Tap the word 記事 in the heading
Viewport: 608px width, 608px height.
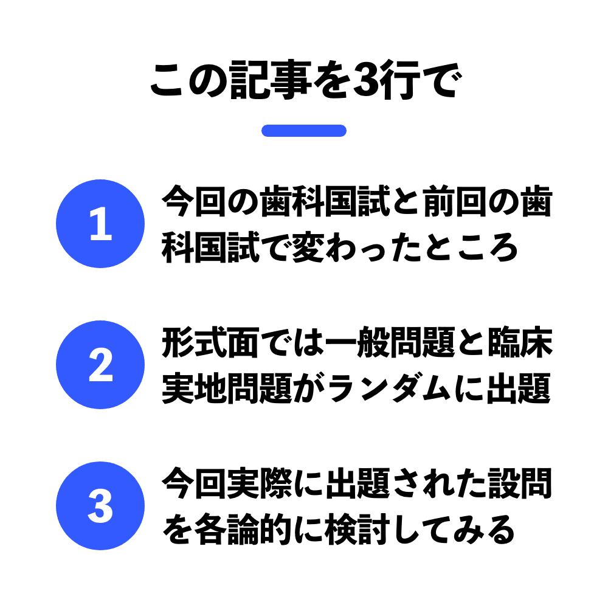pyautogui.click(x=271, y=80)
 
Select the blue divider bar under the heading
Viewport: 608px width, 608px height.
pyautogui.click(x=303, y=131)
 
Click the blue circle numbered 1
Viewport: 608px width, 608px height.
pyautogui.click(x=100, y=224)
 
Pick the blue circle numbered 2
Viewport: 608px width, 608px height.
pyautogui.click(x=100, y=365)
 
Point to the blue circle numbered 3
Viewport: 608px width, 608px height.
pyautogui.click(x=100, y=506)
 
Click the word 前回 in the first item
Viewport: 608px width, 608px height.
pyautogui.click(x=455, y=201)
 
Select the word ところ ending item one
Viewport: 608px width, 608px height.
pyautogui.click(x=471, y=247)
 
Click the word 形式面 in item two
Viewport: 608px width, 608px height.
pyautogui.click(x=210, y=342)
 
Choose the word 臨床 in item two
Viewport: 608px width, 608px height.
pyautogui.click(x=520, y=342)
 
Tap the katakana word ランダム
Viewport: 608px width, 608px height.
pyautogui.click(x=389, y=388)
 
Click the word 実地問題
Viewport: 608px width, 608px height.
pyautogui.click(x=227, y=388)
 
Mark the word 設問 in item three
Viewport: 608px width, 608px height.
pyautogui.click(x=520, y=483)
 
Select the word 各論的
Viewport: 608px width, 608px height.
pyautogui.click(x=243, y=530)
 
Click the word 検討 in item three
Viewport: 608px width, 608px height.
pyautogui.click(x=357, y=530)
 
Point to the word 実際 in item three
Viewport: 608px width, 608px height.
pyautogui.click(x=260, y=483)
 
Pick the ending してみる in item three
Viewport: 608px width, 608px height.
pyautogui.click(x=454, y=530)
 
